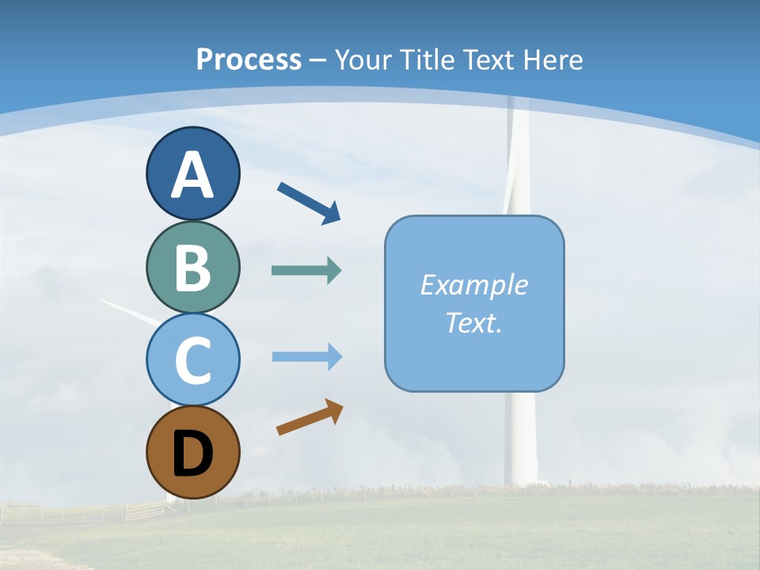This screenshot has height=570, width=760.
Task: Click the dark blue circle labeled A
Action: (192, 173)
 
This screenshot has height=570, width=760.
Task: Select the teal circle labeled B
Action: (192, 267)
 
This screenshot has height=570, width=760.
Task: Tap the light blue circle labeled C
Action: (192, 359)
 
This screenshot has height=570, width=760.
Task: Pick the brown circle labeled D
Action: (192, 452)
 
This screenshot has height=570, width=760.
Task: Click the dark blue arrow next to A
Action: (310, 203)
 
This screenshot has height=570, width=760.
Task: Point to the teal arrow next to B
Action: (306, 271)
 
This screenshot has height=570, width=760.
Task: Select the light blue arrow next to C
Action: (306, 357)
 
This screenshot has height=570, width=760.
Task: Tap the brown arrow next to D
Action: (310, 417)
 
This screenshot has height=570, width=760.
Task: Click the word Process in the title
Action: (249, 59)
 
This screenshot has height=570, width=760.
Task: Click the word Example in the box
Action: (473, 285)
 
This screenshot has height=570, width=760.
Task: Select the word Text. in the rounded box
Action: (473, 322)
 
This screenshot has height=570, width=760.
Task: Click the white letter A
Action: (192, 175)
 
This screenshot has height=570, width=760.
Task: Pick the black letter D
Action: (192, 454)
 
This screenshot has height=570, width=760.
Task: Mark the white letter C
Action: (192, 361)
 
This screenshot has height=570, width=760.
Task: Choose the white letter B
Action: (192, 268)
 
